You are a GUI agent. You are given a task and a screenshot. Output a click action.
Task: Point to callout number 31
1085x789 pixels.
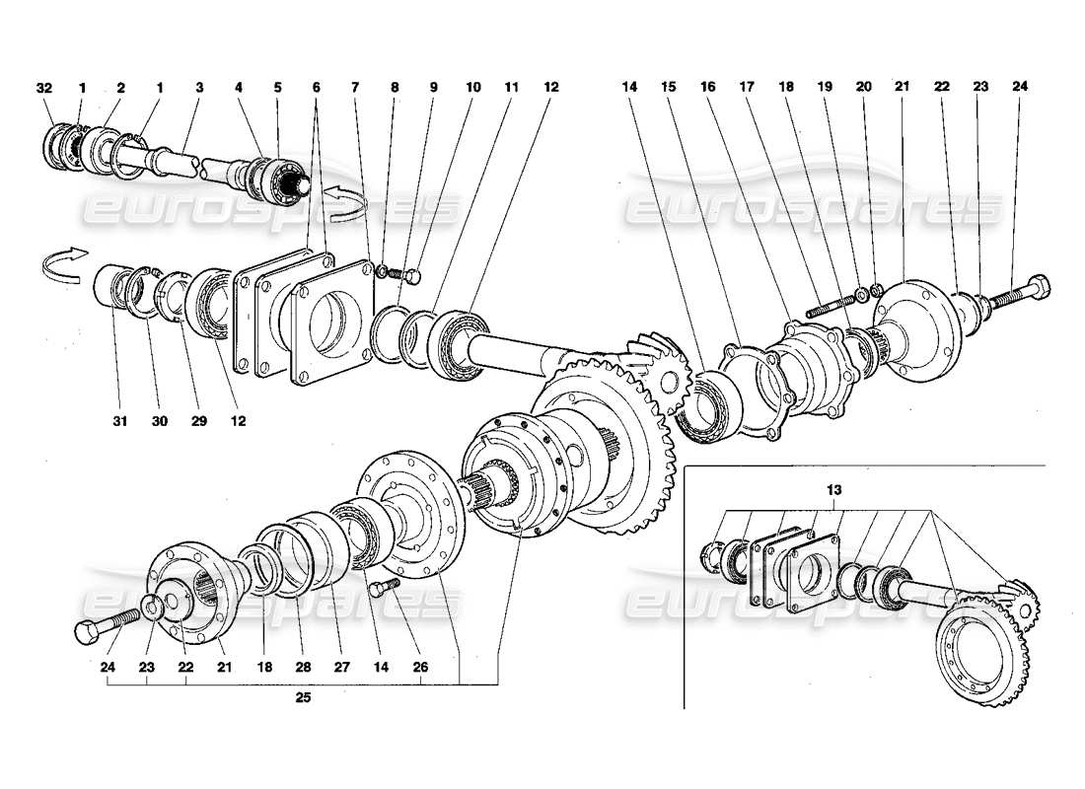point(118,420)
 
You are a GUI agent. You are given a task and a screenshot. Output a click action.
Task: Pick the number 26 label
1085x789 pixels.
point(421,668)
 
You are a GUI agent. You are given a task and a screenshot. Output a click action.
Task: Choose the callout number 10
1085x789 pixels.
point(473,88)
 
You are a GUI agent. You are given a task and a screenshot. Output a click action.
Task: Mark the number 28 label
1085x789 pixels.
point(303,668)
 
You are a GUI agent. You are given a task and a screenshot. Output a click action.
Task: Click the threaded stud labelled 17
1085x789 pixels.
point(830,301)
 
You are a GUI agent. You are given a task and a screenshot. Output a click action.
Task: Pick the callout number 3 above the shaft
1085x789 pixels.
point(199,88)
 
